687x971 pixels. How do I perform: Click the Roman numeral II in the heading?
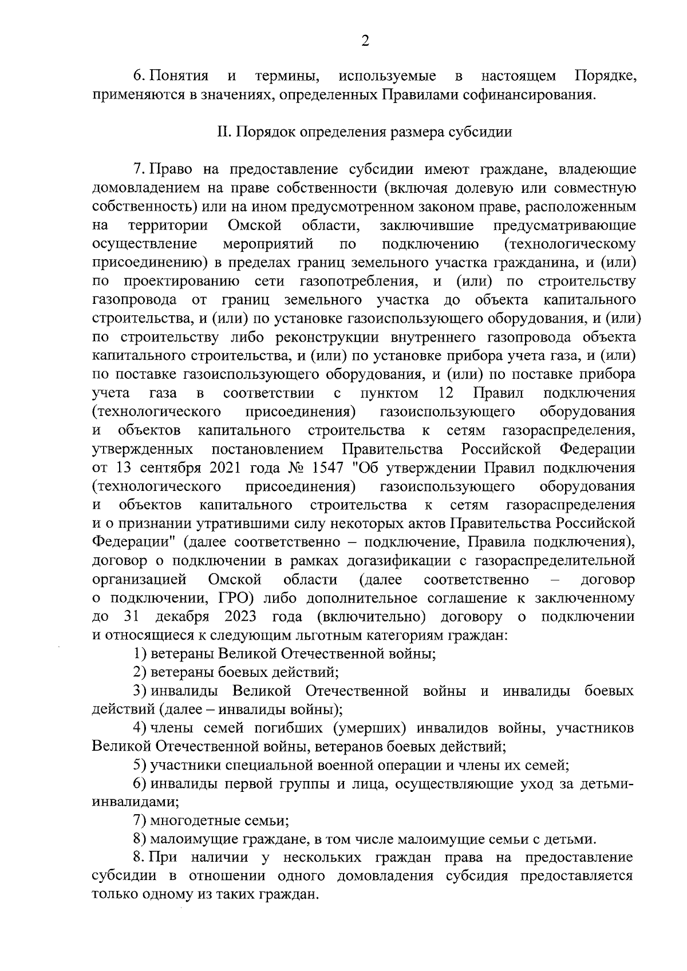(223, 132)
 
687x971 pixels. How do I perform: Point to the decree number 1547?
(328, 467)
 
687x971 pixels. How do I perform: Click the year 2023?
(240, 617)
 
